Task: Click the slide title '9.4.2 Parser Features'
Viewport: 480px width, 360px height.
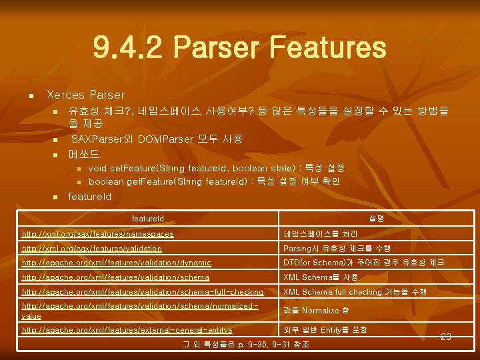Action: [x=239, y=48]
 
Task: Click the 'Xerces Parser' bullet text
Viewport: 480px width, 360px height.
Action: [x=85, y=95]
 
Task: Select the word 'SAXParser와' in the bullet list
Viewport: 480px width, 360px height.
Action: [x=97, y=139]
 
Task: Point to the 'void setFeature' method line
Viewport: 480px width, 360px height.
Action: [x=216, y=168]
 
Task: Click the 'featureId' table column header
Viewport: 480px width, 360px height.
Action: [x=147, y=219]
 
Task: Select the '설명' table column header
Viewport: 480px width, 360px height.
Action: [x=376, y=219]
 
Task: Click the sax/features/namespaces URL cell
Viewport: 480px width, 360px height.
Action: [x=98, y=234]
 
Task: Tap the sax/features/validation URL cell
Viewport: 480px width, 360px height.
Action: [x=92, y=249]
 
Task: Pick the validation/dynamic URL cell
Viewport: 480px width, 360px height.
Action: [x=117, y=263]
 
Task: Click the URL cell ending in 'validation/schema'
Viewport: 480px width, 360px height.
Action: [x=115, y=277]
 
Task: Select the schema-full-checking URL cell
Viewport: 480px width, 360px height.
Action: [x=143, y=292]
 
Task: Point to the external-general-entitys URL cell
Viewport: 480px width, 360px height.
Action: [x=127, y=330]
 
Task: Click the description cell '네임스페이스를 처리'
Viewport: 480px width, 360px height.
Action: [x=320, y=234]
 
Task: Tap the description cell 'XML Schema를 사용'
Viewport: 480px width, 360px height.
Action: [x=321, y=277]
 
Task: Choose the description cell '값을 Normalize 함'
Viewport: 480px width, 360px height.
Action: [x=316, y=311]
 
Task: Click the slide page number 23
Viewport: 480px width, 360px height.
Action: [x=446, y=337]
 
